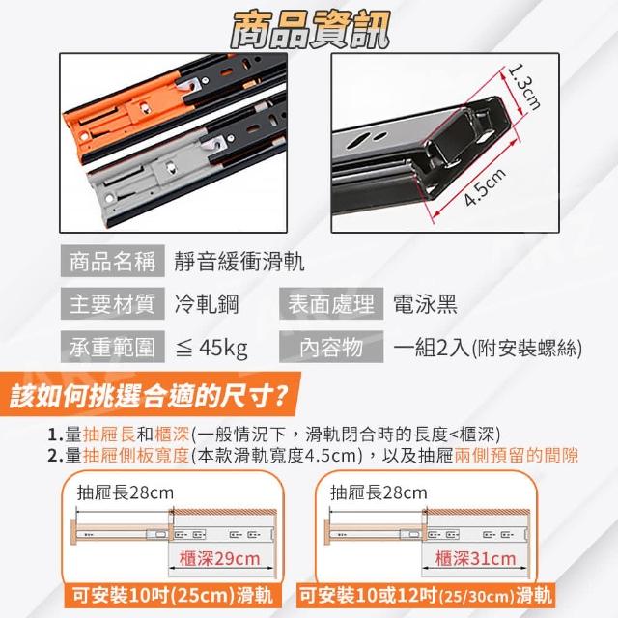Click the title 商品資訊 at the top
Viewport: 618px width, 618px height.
pos(310,30)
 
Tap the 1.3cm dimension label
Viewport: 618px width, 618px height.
pos(523,86)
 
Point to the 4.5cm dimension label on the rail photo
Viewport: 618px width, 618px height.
pos(485,186)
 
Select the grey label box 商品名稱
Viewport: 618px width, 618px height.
pos(113,261)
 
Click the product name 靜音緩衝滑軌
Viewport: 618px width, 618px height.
pos(239,262)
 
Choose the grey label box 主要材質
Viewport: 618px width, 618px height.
pos(113,303)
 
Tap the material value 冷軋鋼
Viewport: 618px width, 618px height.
pos(207,304)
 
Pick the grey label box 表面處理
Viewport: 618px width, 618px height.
pos(331,303)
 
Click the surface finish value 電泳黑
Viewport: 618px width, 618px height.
pos(425,304)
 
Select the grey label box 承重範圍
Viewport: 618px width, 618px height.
pos(113,347)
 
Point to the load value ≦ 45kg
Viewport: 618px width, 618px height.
pos(211,348)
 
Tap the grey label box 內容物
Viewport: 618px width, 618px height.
pos(331,347)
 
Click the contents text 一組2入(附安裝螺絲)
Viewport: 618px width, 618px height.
pos(488,348)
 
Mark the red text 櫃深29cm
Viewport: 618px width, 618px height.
pos(219,558)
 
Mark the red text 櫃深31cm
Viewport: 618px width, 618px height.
pos(475,558)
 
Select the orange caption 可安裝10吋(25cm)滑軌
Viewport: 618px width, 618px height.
pos(173,595)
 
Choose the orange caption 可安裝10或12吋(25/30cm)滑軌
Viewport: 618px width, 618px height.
pos(426,595)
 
